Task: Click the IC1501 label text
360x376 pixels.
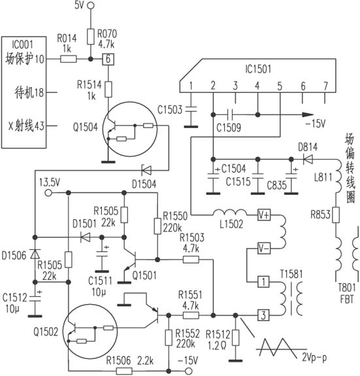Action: [x=258, y=69]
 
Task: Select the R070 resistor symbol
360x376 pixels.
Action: [x=91, y=37]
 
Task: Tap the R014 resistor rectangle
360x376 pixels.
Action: [x=68, y=59]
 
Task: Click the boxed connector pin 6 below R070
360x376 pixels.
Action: [x=108, y=59]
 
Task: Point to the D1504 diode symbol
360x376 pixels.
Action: [x=146, y=171]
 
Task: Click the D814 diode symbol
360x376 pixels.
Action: [x=308, y=159]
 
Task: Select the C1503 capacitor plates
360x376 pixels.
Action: [x=191, y=109]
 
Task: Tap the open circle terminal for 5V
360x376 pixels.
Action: [x=91, y=5]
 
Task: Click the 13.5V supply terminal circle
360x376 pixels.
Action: [x=48, y=192]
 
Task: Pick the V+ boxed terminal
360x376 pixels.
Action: [x=264, y=215]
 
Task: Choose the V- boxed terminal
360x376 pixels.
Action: [x=264, y=248]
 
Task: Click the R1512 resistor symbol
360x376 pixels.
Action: [x=236, y=337]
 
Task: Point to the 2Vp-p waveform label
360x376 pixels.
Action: [x=314, y=357]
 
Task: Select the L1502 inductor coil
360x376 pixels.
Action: [x=230, y=213]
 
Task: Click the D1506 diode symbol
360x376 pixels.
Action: [x=35, y=254]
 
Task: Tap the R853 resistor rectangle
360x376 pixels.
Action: [x=336, y=215]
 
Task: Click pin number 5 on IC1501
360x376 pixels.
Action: [x=280, y=86]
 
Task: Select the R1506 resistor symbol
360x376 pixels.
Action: [x=124, y=371]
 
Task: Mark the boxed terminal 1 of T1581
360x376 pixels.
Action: [x=264, y=282]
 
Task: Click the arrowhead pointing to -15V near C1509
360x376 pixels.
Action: [x=308, y=115]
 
